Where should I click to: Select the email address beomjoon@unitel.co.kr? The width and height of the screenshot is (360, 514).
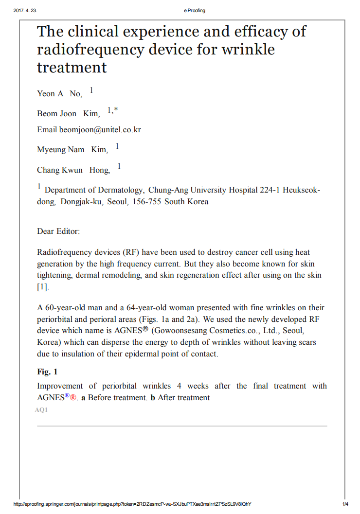tap(100, 130)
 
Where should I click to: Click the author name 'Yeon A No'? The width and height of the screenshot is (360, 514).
tap(59, 93)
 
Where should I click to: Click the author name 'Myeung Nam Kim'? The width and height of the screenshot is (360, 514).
tap(72, 150)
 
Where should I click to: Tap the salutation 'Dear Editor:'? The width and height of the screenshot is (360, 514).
tap(58, 231)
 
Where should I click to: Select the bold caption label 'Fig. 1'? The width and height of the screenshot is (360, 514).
tap(47, 372)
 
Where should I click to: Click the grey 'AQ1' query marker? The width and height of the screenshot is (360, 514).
tap(41, 410)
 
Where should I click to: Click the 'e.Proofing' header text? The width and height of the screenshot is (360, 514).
tap(195, 11)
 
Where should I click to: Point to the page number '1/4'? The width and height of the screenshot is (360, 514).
tap(345, 504)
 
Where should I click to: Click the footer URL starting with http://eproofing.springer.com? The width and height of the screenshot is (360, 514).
tap(132, 504)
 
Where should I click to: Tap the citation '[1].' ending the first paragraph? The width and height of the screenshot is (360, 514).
tap(43, 287)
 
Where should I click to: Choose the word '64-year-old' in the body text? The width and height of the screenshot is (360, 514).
tap(145, 307)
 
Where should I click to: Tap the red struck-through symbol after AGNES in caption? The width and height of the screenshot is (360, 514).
tap(73, 397)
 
